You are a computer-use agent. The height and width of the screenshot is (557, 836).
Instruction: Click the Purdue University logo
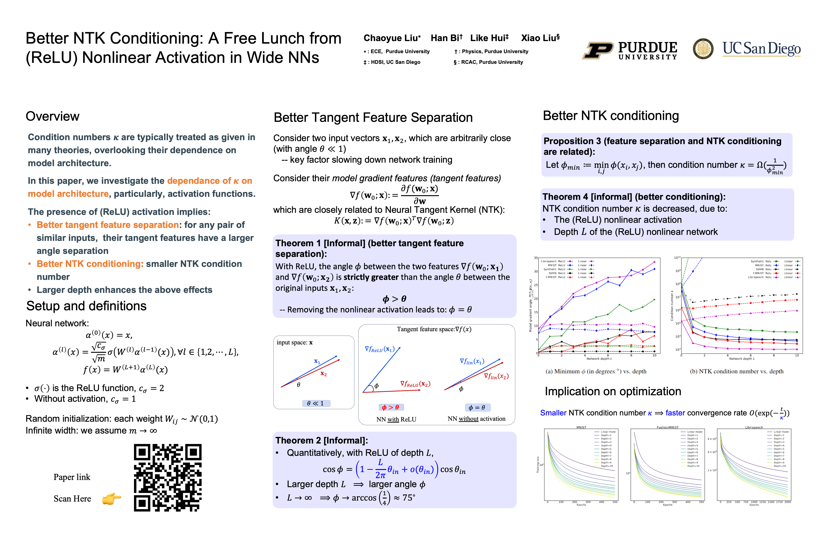630,50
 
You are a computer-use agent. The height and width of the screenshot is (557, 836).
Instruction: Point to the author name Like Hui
489,38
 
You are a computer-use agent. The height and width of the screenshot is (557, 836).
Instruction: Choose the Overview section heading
53,117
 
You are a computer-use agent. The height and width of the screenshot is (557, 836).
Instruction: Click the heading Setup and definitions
86,306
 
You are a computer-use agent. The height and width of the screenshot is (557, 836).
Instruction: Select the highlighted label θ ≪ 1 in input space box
316,403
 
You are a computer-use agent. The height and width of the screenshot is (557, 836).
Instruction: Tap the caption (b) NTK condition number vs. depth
736,371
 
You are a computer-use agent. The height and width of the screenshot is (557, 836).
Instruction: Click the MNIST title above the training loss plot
581,427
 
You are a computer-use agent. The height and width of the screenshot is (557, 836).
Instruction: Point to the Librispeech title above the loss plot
754,427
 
